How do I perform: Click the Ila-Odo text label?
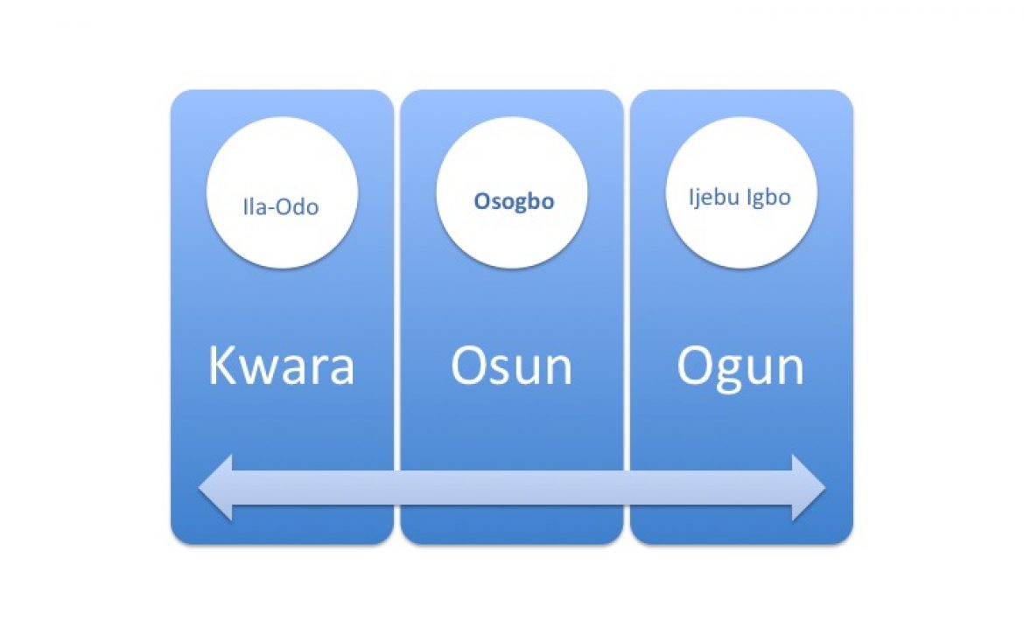[281, 206]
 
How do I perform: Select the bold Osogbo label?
[514, 201]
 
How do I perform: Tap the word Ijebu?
[713, 197]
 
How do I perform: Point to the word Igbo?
[768, 197]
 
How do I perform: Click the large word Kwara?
[282, 366]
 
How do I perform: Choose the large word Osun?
[511, 366]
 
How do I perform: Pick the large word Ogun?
[740, 368]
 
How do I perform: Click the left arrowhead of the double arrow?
[215, 488]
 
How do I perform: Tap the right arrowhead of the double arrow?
[809, 488]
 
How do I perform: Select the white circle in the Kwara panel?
[282, 192]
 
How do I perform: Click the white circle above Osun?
[512, 192]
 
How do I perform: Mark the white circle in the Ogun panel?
[741, 192]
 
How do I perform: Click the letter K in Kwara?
[222, 366]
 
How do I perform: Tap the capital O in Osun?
[468, 366]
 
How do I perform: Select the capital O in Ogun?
[694, 366]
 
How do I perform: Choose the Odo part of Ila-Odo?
[298, 206]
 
